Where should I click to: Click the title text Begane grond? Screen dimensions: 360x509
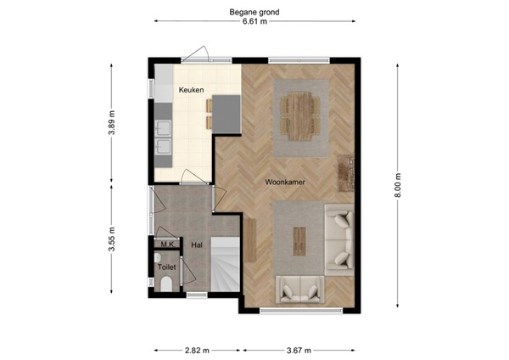(255, 12)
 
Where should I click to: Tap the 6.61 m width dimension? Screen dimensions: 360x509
(255, 23)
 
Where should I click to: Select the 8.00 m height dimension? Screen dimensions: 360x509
(396, 185)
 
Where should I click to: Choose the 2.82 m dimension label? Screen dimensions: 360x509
(198, 349)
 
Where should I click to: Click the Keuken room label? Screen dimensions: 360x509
(190, 89)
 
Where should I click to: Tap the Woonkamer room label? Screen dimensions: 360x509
(285, 183)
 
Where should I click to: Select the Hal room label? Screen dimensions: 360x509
(197, 245)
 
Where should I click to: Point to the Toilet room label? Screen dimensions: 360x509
(167, 267)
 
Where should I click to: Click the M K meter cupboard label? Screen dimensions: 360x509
(167, 245)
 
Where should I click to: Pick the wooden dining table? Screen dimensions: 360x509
(301, 115)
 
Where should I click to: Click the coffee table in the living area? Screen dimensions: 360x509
(299, 240)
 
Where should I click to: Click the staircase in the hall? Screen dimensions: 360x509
(226, 263)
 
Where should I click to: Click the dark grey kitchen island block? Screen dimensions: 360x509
(227, 113)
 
